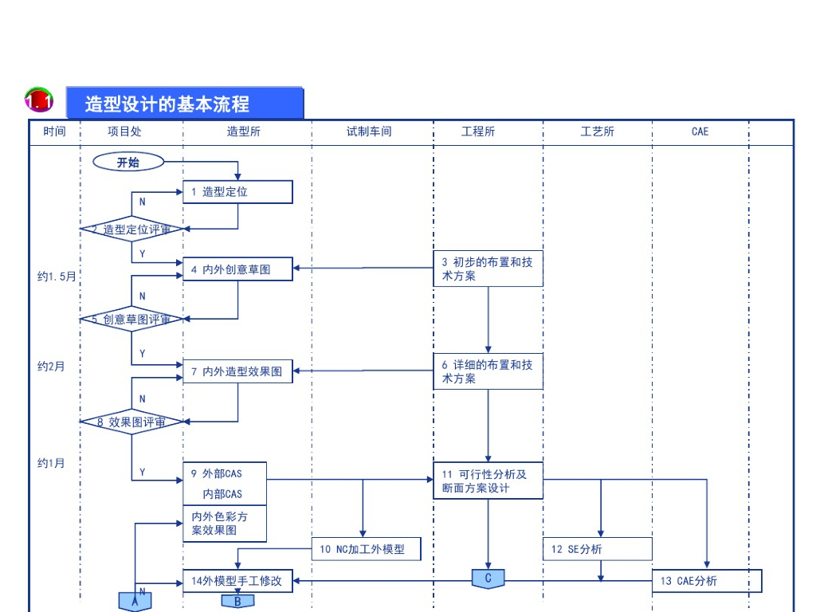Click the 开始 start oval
point(128,162)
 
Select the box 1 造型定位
point(237,192)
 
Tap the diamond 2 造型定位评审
point(131,229)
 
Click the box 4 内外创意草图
point(237,269)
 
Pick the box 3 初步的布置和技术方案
point(488,269)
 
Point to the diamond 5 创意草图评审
point(131,319)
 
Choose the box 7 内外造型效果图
point(237,371)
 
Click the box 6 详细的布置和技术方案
point(488,371)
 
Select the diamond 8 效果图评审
point(131,422)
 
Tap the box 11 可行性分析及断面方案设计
point(488,481)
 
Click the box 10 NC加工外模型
point(367,549)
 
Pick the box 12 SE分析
point(598,549)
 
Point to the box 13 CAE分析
point(707,581)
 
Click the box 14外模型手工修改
point(237,581)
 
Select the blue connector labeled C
point(488,579)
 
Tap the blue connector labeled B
point(237,601)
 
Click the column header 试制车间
point(369,131)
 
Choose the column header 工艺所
point(598,131)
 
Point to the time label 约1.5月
point(57,277)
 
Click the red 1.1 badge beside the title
point(39,100)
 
